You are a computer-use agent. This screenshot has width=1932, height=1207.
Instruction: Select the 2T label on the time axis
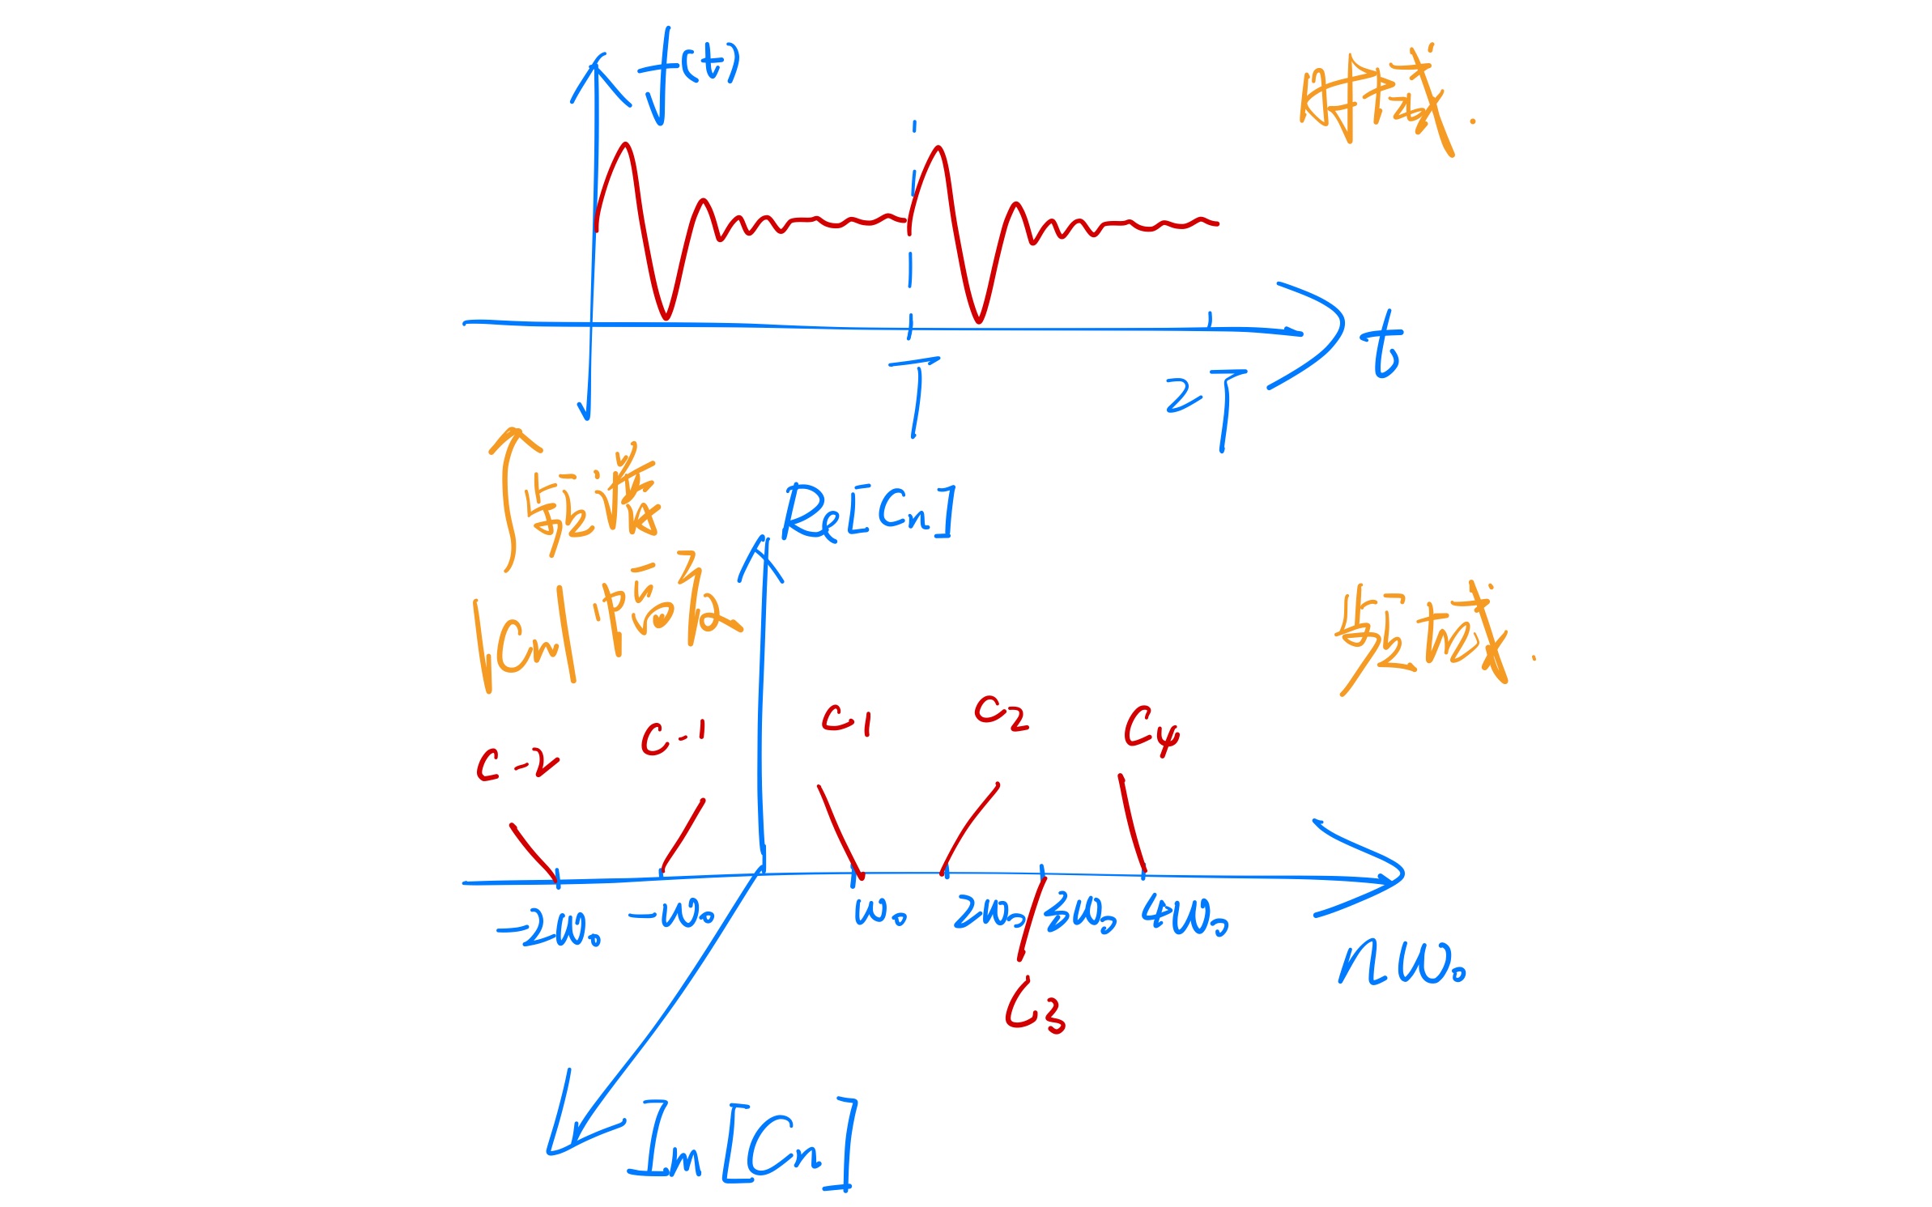point(1206,405)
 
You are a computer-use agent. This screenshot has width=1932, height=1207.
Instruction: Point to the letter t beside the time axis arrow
point(1381,346)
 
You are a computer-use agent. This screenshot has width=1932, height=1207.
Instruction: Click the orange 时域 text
point(1377,105)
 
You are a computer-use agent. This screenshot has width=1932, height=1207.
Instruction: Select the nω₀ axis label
point(1401,963)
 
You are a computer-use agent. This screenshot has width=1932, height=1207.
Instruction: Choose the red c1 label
point(847,719)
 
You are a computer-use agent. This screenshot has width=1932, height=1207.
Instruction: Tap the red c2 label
point(1001,712)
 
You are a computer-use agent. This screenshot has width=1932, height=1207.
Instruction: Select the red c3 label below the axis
point(1035,1008)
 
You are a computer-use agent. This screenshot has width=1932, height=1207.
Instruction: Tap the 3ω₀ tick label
point(1081,916)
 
